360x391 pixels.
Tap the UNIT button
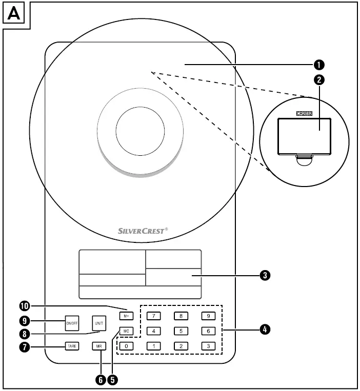[99, 323]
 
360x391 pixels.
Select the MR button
[99, 346]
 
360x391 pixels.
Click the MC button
[126, 331]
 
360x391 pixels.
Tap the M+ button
[126, 315]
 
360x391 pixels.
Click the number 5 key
[181, 331]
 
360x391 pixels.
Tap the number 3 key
[207, 346]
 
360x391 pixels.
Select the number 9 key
[207, 316]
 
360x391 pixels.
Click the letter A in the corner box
[15, 14]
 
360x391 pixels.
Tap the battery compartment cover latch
[304, 160]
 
